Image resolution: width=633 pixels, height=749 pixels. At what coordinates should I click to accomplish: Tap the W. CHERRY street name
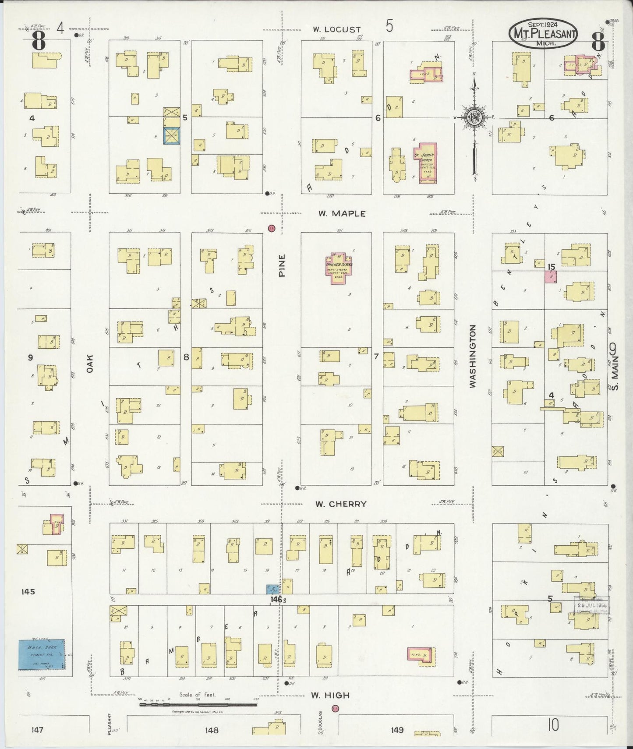pos(341,504)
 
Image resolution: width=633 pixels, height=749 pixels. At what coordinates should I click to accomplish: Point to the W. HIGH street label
pos(330,695)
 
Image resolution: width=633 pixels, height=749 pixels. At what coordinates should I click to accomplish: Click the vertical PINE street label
pos(282,265)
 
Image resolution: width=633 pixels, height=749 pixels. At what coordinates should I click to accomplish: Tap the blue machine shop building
pos(41,654)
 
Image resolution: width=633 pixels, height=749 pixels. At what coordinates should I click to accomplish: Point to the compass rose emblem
pos(474,117)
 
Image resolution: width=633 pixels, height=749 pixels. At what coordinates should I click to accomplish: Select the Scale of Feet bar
pos(198,704)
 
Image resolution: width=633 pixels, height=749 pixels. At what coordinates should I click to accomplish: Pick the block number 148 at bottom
pos(211,730)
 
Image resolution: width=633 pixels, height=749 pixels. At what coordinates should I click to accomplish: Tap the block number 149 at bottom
pos(397,730)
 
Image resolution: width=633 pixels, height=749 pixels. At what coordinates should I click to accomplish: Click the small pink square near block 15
pos(551,276)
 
